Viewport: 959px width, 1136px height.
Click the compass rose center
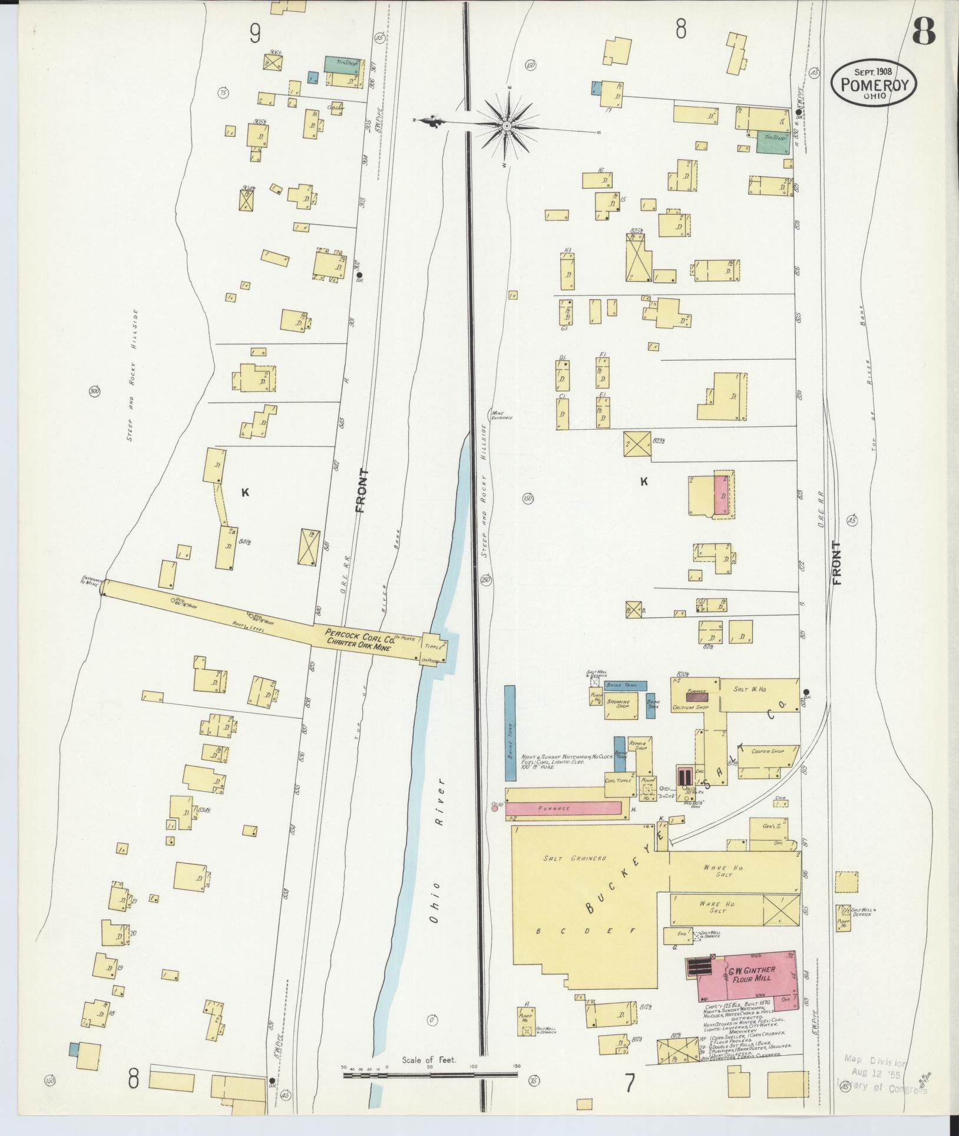(507, 126)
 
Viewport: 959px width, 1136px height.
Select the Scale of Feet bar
(430, 1075)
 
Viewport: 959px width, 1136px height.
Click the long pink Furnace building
(563, 808)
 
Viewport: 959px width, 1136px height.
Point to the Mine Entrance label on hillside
(501, 415)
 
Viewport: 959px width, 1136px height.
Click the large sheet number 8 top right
(923, 31)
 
